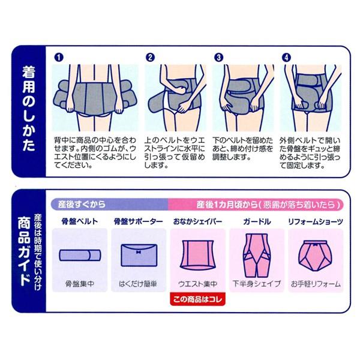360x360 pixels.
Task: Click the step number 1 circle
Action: pyautogui.click(x=58, y=58)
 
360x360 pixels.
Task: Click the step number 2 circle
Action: pyautogui.click(x=151, y=58)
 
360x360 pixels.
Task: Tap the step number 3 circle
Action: pyautogui.click(x=219, y=58)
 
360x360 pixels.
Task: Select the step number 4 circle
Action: pyautogui.click(x=287, y=58)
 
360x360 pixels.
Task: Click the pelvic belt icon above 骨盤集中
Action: pyautogui.click(x=79, y=254)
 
